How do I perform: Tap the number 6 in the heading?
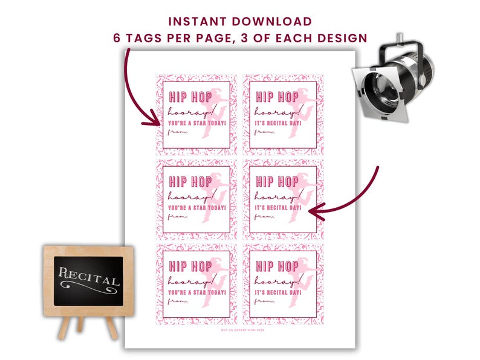coord(117,37)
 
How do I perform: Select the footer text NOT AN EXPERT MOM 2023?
coord(240,330)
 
